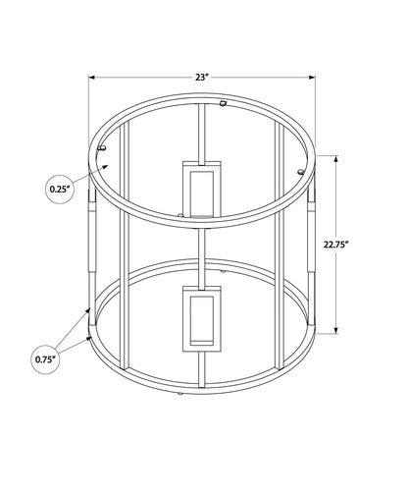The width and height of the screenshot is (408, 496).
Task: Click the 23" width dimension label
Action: click(x=202, y=78)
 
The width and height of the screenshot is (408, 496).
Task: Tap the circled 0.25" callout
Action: click(x=60, y=190)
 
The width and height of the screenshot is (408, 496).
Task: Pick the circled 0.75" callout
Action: click(x=45, y=359)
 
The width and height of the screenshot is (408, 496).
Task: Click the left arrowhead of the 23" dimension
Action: click(x=91, y=78)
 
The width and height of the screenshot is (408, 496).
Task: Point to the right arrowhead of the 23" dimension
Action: click(x=312, y=78)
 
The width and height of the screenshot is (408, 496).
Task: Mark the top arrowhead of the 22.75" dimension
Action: click(x=336, y=159)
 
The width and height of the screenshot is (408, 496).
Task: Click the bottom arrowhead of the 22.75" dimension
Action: click(x=336, y=330)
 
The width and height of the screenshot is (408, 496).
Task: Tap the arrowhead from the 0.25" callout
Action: click(x=105, y=167)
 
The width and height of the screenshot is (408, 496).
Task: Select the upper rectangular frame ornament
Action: click(x=202, y=189)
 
